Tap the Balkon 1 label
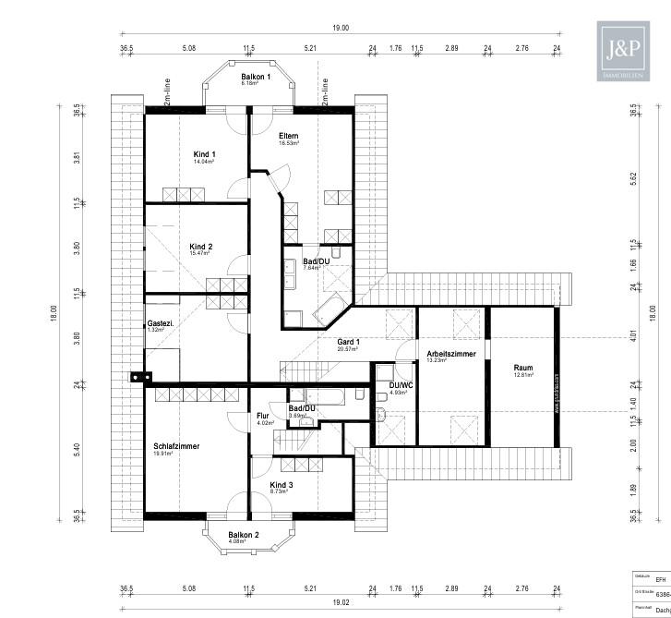256,77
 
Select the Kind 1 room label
204,153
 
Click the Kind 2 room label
201,247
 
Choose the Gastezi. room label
161,323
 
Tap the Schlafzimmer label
176,446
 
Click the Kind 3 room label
282,485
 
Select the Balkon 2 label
244,535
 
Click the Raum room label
523,368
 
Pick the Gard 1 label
348,342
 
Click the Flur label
262,416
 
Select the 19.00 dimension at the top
341,29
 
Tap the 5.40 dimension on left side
78,448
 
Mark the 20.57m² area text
348,350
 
